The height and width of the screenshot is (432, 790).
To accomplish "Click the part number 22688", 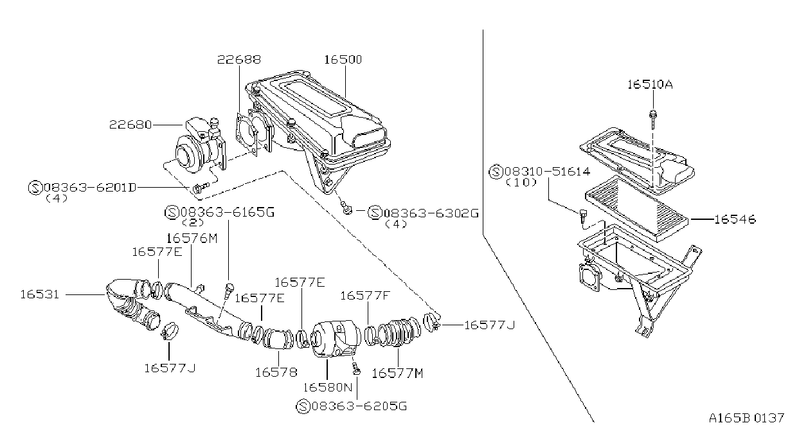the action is (x=238, y=59).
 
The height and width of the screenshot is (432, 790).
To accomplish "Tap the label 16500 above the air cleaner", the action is (x=343, y=59).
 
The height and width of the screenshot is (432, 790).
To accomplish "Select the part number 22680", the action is (x=130, y=125).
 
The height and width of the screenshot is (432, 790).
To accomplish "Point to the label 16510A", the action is (x=650, y=85).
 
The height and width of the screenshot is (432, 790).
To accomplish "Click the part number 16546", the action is (x=735, y=219).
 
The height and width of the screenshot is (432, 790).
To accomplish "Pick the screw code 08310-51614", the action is (x=547, y=172).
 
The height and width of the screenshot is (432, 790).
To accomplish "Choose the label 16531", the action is (x=39, y=294).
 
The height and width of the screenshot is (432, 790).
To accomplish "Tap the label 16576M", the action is (x=192, y=239).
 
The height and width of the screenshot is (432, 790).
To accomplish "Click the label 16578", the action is (x=276, y=372).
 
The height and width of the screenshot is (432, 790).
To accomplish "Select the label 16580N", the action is (x=328, y=387).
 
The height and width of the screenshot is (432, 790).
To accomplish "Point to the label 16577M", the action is (x=397, y=373).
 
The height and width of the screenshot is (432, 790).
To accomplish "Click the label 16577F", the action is (x=365, y=296).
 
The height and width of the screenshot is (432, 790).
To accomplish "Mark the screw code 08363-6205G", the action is (x=359, y=406).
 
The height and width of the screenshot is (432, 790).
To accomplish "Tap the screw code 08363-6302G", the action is (x=431, y=213).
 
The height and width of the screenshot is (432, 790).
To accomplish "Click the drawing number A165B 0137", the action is (x=746, y=419).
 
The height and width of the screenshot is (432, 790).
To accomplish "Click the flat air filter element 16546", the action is (x=637, y=209).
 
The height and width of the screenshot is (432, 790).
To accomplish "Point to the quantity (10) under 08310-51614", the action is (x=521, y=183).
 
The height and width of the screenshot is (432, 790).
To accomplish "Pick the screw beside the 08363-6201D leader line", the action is (x=200, y=187).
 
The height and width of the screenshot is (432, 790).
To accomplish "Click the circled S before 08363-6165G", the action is (x=172, y=213).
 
